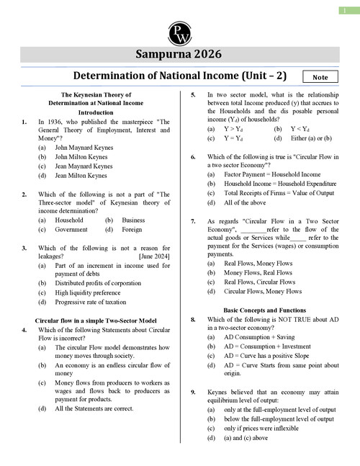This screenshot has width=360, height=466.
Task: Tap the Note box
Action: coord(321,76)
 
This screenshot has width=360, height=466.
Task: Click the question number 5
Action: coord(193,95)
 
